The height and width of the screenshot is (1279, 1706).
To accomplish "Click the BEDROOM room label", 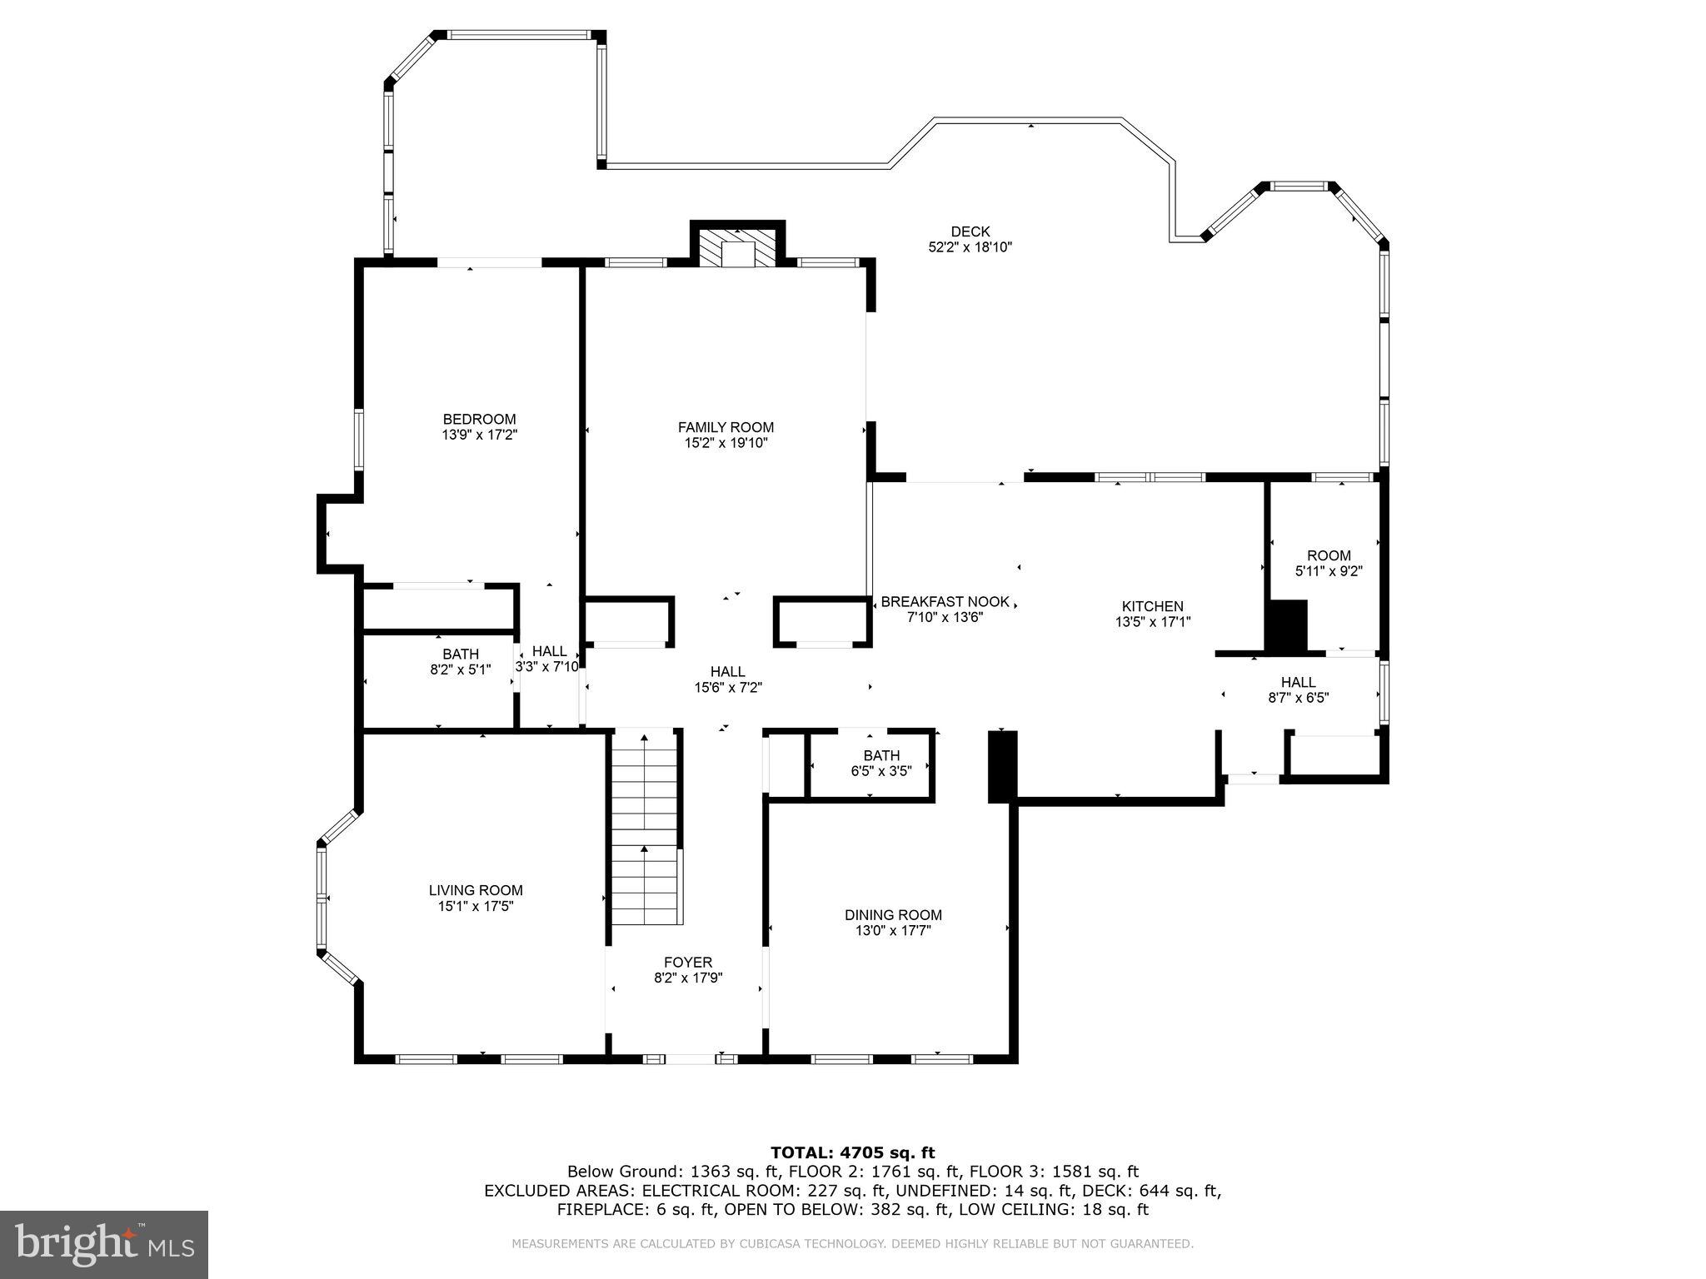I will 479,419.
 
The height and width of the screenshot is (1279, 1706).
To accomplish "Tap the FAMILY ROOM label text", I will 726,427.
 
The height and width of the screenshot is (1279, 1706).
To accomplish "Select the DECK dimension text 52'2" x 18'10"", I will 970,247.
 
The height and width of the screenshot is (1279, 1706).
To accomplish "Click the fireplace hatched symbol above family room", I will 736,246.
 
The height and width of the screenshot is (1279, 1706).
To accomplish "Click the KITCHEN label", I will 1152,606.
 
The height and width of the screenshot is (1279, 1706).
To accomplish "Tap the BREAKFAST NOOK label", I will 945,601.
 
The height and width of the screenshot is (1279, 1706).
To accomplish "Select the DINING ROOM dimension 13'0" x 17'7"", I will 893,930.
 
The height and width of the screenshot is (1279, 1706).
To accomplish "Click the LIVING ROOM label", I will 476,890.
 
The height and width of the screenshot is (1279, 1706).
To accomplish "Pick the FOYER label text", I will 688,963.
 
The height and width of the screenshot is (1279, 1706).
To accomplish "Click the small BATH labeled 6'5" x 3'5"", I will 880,764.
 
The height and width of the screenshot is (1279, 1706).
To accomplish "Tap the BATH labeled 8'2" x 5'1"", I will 460,661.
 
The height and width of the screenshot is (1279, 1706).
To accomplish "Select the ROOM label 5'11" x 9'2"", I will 1329,563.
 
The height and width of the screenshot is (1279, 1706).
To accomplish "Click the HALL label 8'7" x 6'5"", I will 1298,690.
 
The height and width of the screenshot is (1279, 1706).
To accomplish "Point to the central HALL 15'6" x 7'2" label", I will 728,679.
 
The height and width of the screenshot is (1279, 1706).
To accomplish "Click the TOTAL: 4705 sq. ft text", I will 852,1152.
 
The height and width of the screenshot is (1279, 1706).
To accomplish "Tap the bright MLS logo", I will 103,1244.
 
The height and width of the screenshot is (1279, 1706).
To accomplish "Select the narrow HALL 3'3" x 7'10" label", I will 548,659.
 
